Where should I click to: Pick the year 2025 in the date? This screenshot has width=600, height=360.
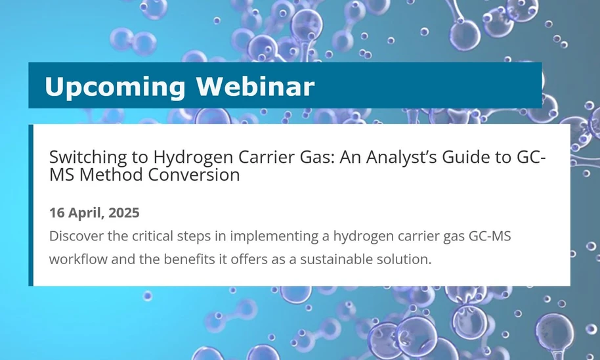124,213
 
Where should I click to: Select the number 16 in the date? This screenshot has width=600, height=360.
57,213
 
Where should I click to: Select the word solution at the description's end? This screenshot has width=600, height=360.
408,258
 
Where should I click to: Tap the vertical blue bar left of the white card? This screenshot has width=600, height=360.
31,205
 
